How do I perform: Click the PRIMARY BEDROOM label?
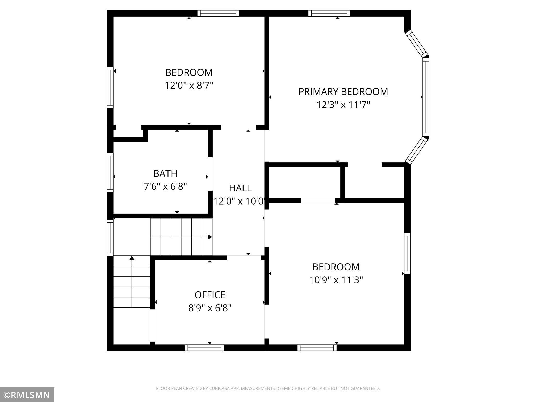[343, 92]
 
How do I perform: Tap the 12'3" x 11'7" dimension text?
[343, 105]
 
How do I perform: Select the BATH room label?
[165, 173]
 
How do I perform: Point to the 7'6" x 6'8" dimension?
[165, 186]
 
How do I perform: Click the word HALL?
[240, 188]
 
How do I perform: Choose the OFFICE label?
[210, 295]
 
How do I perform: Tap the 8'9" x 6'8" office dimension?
[210, 308]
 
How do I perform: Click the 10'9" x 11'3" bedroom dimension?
[336, 280]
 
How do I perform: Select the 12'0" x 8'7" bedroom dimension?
[189, 85]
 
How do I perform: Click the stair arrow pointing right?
[210, 237]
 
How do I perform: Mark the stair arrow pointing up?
[132, 258]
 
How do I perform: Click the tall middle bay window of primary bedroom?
[426, 97]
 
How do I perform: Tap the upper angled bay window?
[417, 44]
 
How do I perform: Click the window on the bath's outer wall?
[110, 173]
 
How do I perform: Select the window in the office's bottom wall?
[204, 348]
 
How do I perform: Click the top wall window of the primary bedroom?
[329, 13]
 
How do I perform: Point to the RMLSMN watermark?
[27, 395]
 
